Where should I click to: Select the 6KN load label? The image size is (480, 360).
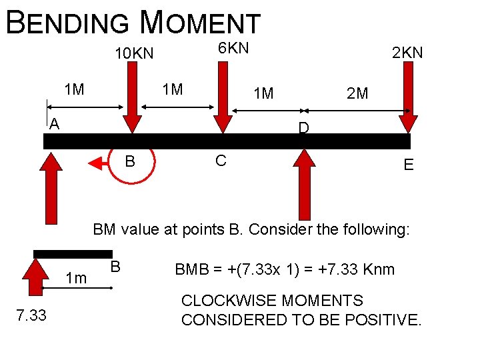233,47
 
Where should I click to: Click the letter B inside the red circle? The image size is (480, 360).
131,161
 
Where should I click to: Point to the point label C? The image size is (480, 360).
219,161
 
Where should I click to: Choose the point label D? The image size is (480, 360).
303,127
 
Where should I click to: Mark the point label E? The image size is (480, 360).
409,164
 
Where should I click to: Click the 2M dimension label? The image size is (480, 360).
357,94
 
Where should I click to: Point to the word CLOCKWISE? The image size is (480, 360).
235,301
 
